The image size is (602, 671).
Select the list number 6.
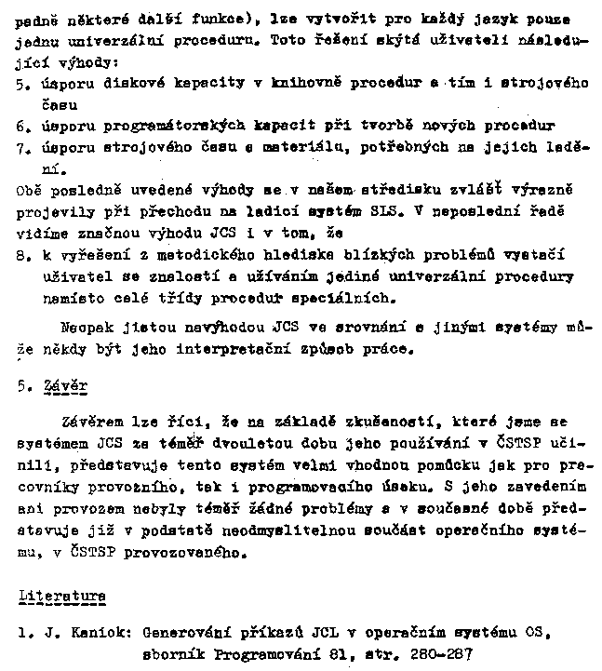[21, 125]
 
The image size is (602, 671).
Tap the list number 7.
[21, 149]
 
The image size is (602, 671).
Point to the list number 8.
[21, 254]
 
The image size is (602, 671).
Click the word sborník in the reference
[171, 655]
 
